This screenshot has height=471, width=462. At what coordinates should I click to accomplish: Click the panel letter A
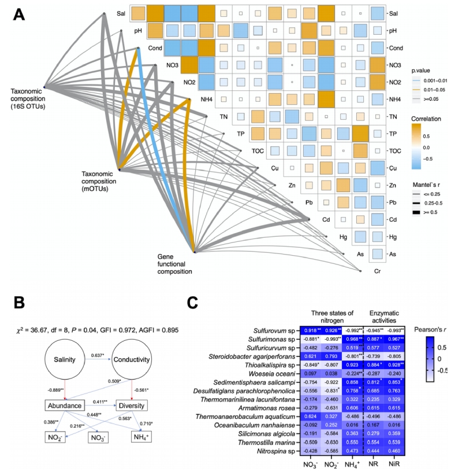pos(18,12)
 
